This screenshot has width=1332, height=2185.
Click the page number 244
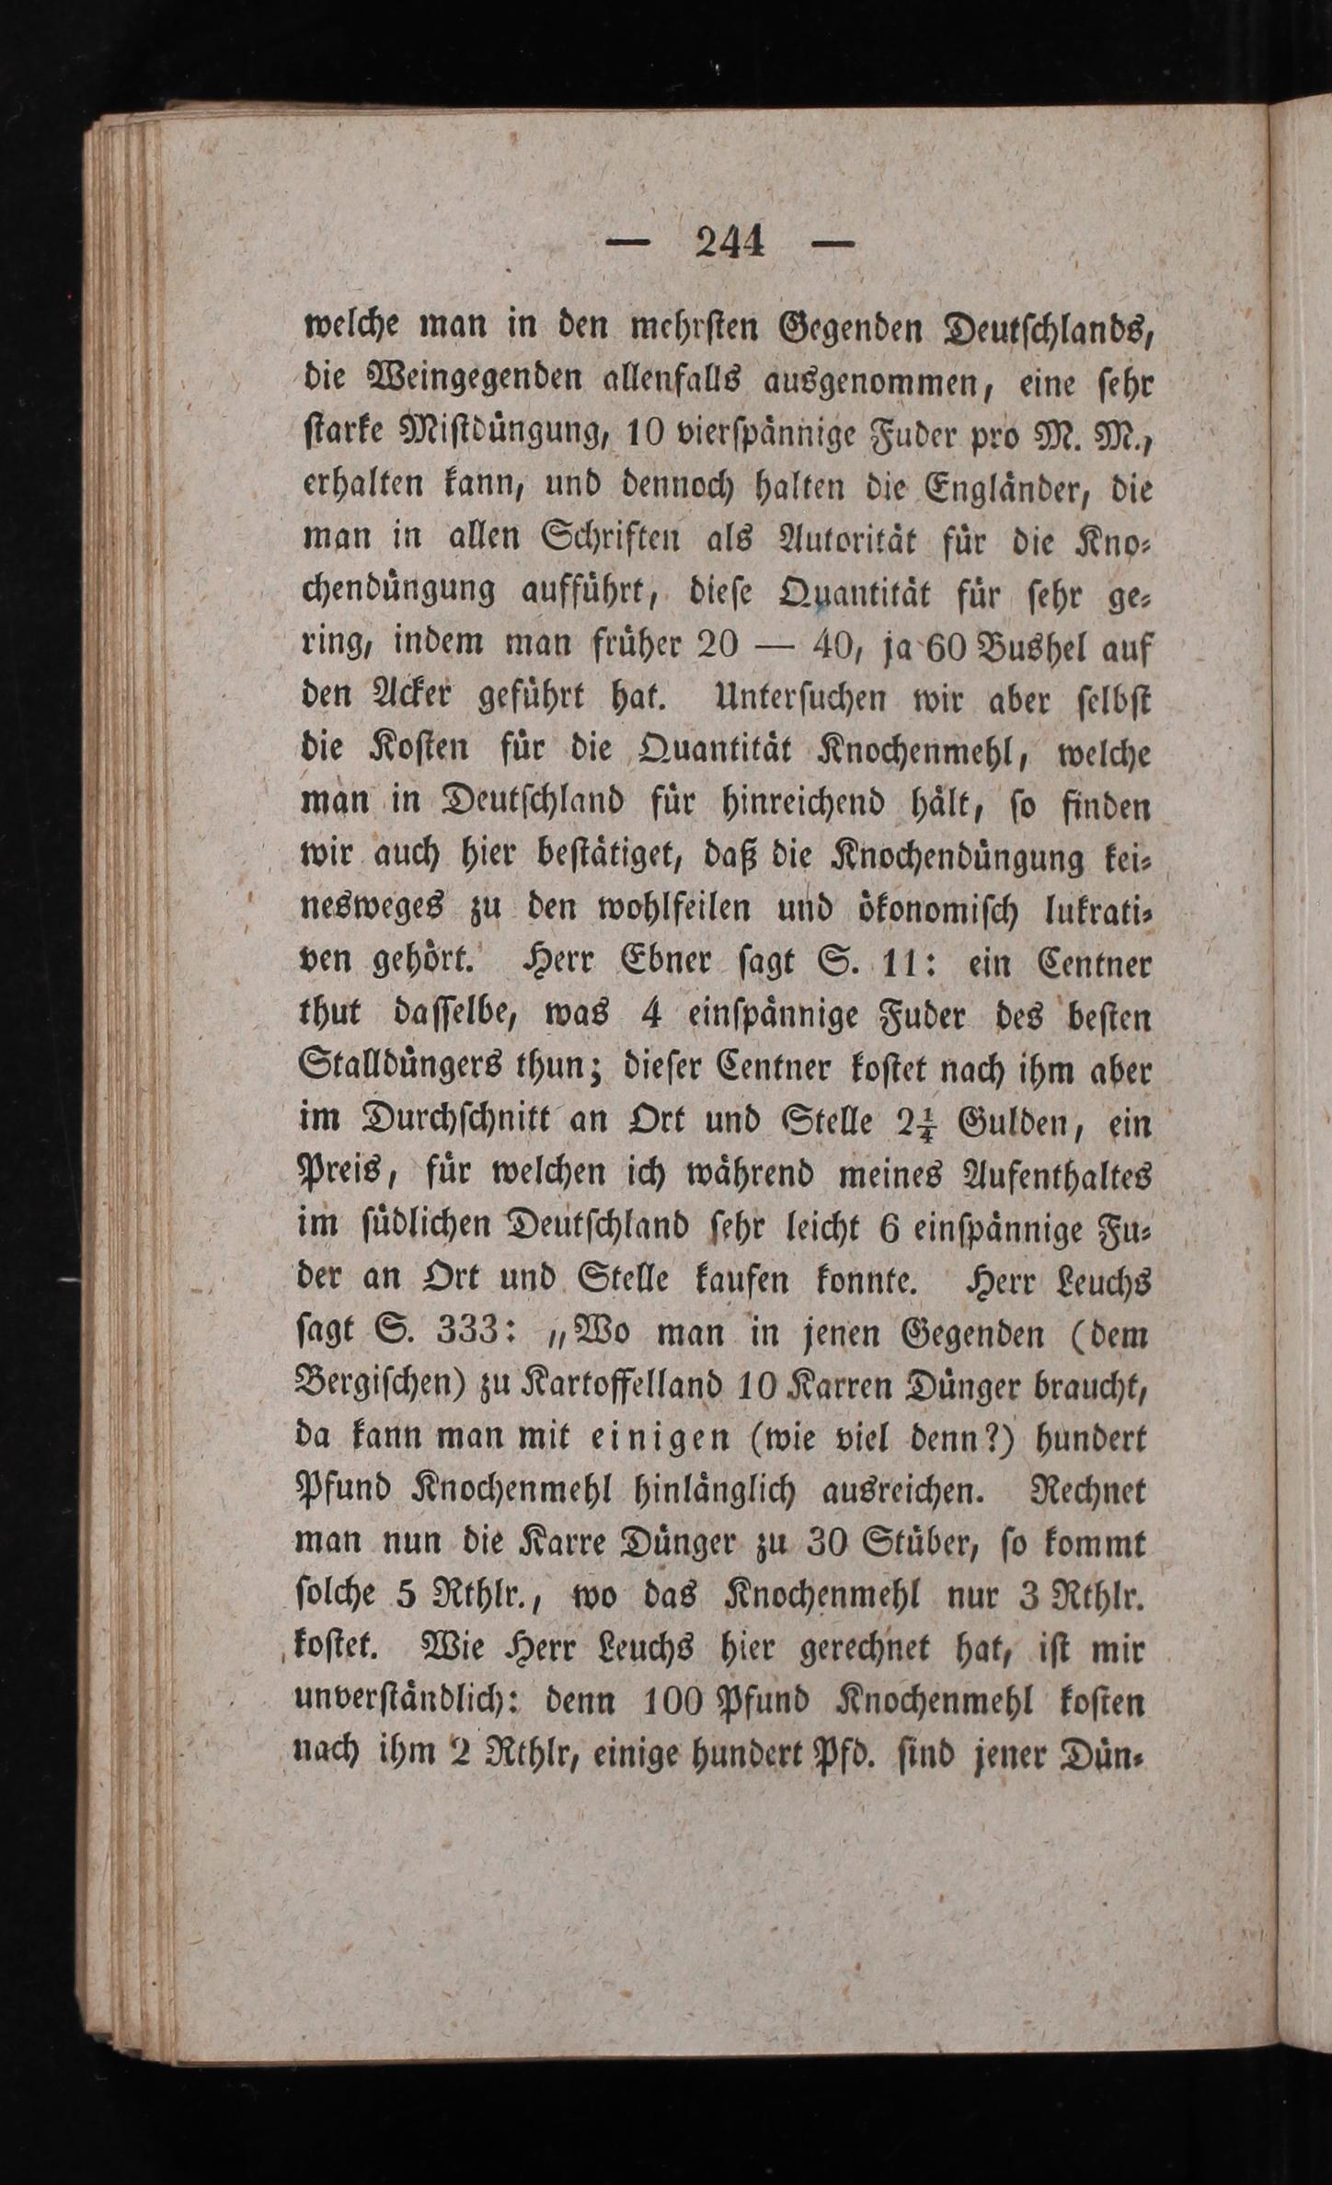tap(731, 243)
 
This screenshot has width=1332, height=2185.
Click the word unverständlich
tap(408, 1704)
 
